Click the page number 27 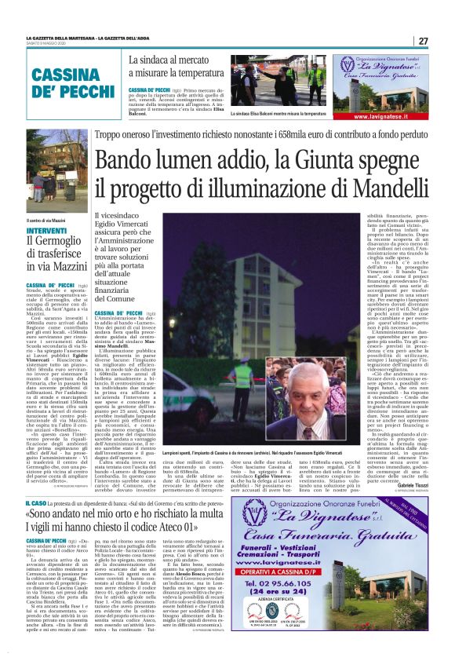click(x=423, y=41)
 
